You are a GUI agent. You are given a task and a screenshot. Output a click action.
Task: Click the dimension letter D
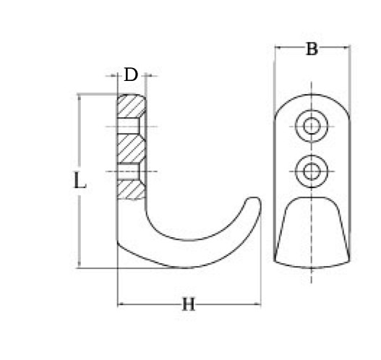131,74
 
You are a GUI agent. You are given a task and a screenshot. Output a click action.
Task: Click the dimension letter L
80,180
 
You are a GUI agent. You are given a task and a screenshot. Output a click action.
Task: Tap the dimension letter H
189,304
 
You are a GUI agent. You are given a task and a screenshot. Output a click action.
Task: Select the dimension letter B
312,49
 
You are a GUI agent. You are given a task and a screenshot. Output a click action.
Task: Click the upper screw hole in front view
312,126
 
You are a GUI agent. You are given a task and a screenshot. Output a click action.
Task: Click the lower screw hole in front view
312,171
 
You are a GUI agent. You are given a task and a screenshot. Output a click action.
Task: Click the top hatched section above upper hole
132,106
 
